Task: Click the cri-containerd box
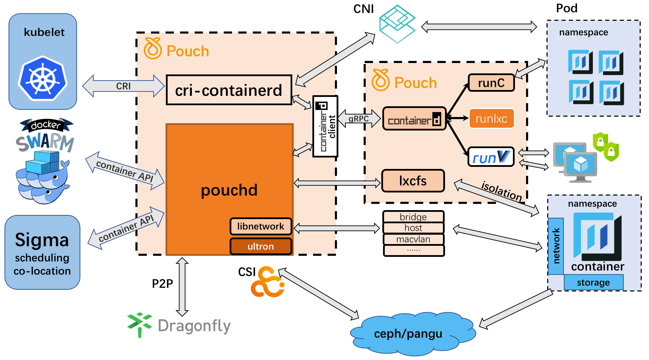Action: pos(229,90)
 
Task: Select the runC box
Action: pos(491,83)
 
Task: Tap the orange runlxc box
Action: pos(491,119)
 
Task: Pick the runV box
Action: pos(491,157)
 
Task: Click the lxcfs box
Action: pos(413,181)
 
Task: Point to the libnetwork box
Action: pos(261,226)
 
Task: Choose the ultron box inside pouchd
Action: pos(261,246)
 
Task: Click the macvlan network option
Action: pos(413,239)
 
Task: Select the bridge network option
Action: pos(413,217)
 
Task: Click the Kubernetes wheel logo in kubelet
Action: pos(43,79)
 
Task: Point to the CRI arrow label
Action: pos(123,86)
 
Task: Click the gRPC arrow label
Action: pos(358,119)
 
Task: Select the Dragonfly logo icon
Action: pos(140,324)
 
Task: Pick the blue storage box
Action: pos(593,282)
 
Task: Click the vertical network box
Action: pos(556,246)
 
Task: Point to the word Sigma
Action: pos(42,240)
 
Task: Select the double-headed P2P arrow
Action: pos(182,287)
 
